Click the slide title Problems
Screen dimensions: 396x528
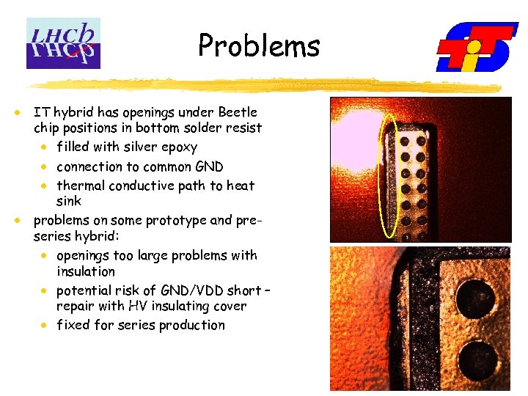click(259, 46)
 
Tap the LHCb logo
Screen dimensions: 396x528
click(63, 43)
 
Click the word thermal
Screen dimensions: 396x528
click(82, 186)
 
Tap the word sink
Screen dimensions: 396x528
click(69, 201)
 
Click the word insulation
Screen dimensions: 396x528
click(85, 271)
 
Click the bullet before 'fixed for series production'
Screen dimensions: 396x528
click(45, 325)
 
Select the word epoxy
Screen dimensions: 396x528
click(180, 147)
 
